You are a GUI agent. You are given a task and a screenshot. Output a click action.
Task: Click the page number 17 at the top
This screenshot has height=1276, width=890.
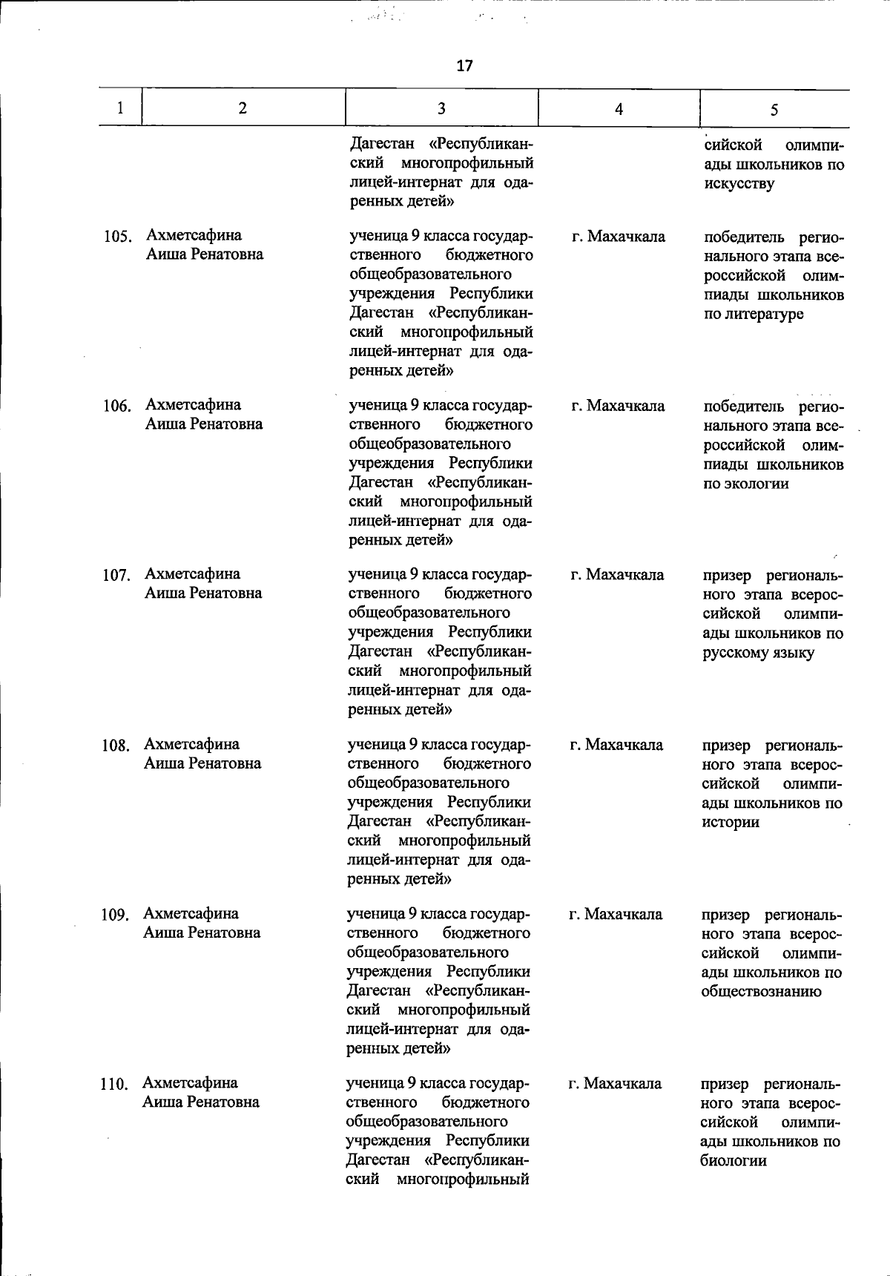464,65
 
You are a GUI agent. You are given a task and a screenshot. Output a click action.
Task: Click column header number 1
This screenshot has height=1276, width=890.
120,108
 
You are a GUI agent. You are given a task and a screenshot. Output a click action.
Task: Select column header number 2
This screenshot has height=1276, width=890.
243,108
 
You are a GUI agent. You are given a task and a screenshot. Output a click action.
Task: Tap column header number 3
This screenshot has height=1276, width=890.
441,108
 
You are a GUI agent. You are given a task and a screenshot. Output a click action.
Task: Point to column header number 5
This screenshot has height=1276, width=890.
774,110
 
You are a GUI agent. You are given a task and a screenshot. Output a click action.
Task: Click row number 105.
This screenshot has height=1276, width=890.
117,237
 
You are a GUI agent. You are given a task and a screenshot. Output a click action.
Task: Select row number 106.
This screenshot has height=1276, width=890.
116,407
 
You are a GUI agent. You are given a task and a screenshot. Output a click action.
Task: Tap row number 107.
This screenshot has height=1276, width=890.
116,576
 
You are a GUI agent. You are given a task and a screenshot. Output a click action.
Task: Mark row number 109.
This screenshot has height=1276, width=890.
115,915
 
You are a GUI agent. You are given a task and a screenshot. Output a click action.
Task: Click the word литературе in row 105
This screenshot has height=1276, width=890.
754,315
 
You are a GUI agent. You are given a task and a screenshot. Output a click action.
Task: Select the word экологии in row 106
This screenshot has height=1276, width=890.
746,484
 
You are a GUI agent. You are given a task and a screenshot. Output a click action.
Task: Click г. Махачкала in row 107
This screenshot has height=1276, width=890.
617,575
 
